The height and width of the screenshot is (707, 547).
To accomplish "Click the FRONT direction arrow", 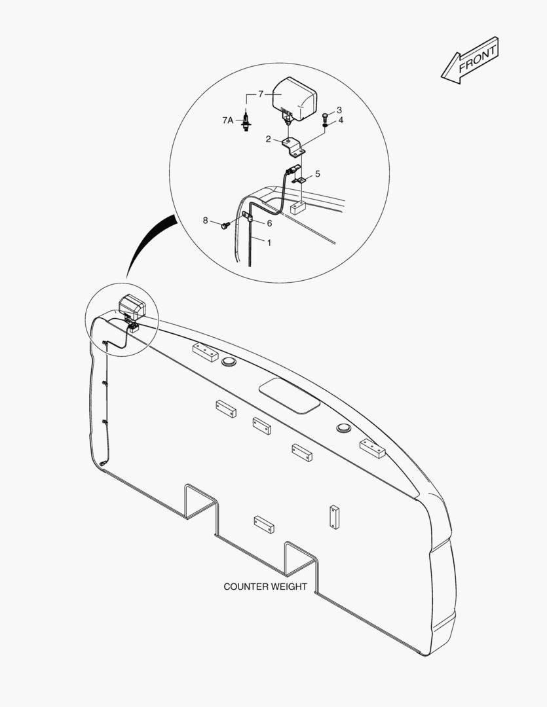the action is coord(470,60).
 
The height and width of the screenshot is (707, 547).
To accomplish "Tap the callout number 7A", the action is coord(227,120).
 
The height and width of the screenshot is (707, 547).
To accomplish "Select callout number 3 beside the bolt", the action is coord(339,110).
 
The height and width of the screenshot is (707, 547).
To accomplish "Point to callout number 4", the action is coord(341,120).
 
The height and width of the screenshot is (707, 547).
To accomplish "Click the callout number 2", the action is coord(268,139).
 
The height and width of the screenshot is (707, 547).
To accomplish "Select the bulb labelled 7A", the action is coord(246,121).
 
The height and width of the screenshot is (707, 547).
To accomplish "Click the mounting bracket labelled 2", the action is coord(294,147).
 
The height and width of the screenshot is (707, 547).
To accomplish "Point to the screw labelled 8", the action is coord(225,225).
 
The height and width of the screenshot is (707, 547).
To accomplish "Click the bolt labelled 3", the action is coord(325,116).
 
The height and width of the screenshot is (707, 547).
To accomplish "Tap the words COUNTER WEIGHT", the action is coord(265,587).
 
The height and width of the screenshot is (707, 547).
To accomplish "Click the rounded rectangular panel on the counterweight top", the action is coord(290,395).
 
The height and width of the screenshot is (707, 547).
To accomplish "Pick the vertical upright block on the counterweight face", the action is coord(335,517).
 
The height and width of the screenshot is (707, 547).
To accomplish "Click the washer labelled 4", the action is coord(324,124).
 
